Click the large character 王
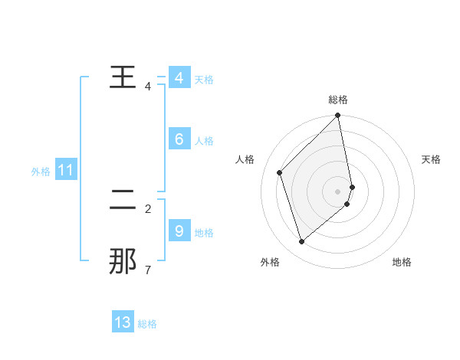[x=123, y=78]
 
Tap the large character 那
[x=123, y=261]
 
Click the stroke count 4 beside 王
[x=147, y=87]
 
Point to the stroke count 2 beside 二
[x=147, y=208]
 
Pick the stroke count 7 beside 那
[x=147, y=270]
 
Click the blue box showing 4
[x=179, y=78]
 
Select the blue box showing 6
[x=179, y=139]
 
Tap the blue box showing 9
[x=179, y=230]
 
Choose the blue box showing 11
[x=65, y=170]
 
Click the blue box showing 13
[x=123, y=322]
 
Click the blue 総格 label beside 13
[x=147, y=324]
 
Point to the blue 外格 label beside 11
[x=41, y=172]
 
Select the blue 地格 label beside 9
[x=204, y=232]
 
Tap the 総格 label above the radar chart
[x=338, y=100]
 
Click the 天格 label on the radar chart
[x=432, y=159]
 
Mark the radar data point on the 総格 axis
[x=338, y=116]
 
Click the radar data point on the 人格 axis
[x=280, y=172]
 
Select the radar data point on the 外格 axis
[x=302, y=241]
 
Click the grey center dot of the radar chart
[x=338, y=191]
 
